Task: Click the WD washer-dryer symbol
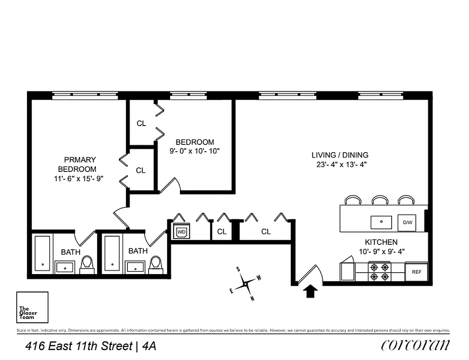coord(182,232)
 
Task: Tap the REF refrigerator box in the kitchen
coord(416,272)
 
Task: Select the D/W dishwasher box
coord(407,222)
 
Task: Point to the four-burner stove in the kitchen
coord(379,272)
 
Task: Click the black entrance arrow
coord(311,291)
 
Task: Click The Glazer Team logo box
coord(32,308)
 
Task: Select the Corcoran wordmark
coord(415,345)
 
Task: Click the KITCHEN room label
coord(381,242)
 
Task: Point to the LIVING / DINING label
coord(340,155)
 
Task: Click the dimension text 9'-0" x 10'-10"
coord(194,151)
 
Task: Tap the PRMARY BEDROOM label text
coord(80,164)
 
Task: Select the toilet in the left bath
coord(87,265)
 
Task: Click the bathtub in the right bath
coord(112,253)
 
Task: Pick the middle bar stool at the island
coord(380,200)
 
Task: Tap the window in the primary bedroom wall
coord(84,95)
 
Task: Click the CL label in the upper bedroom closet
coord(141,123)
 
